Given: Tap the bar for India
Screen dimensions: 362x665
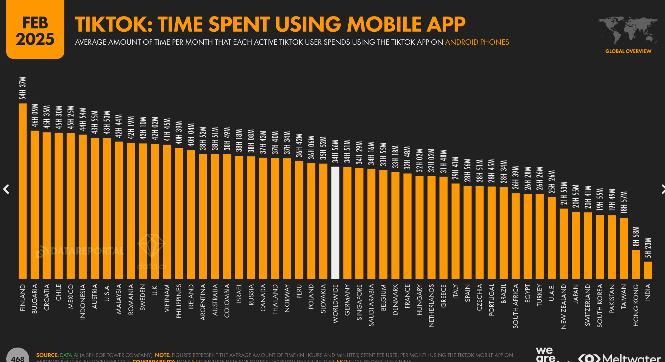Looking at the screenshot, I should click(x=648, y=270).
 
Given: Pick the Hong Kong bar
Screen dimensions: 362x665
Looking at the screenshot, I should click(x=636, y=264).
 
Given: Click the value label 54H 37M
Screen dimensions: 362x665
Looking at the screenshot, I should click(x=23, y=88).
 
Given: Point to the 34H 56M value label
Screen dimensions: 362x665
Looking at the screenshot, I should click(x=335, y=151).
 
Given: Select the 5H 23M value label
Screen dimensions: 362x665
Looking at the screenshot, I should click(x=648, y=248).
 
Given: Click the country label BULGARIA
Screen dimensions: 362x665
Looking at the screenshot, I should click(x=34, y=299).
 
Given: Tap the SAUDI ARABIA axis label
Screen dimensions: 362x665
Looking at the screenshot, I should click(x=371, y=305).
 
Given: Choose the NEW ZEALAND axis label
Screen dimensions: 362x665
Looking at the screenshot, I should click(x=564, y=306).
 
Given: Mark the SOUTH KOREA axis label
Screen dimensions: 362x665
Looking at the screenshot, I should click(x=600, y=305).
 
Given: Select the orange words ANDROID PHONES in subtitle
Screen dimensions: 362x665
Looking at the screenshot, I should click(x=477, y=42).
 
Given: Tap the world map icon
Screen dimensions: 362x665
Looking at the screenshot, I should click(x=628, y=30).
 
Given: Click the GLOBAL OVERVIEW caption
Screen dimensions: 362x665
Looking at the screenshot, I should click(x=628, y=51).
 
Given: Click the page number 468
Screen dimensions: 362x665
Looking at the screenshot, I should click(x=18, y=358).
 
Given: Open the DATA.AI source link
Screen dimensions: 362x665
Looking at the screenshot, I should click(x=69, y=355).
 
